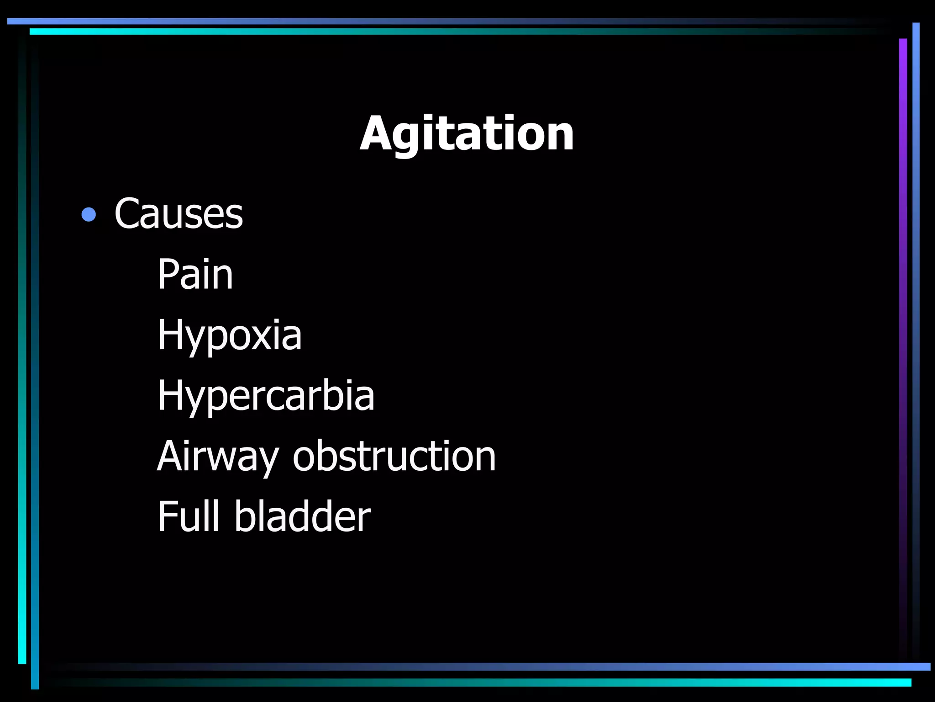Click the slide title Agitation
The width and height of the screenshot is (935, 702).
coord(467,133)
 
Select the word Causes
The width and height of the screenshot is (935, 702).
coord(179,213)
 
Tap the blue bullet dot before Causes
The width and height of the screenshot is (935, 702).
coord(89,214)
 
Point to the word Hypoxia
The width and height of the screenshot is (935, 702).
coord(229,336)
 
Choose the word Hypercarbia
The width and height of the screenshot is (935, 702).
coord(266,396)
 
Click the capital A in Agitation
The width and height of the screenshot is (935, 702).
coord(376,133)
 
